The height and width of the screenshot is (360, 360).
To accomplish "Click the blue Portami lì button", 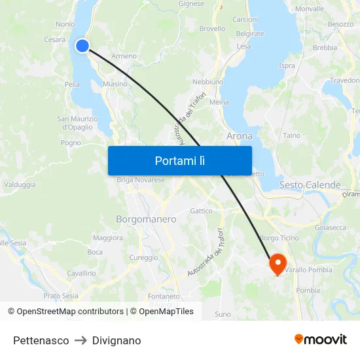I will pyautogui.click(x=179, y=160).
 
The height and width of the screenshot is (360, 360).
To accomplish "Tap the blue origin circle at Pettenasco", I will pyautogui.click(x=82, y=45).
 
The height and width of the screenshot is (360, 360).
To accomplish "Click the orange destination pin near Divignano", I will pyautogui.click(x=278, y=264).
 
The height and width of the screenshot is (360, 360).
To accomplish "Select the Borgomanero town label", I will pyautogui.click(x=146, y=219).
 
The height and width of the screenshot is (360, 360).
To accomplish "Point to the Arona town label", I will pyautogui.click(x=239, y=136).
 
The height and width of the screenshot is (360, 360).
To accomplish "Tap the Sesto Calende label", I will pyautogui.click(x=310, y=185).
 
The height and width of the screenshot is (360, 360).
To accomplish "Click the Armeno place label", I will pyautogui.click(x=124, y=56).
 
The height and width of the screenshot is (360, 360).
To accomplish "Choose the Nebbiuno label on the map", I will pyautogui.click(x=208, y=82).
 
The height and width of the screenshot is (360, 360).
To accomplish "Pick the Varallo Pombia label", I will pyautogui.click(x=308, y=270).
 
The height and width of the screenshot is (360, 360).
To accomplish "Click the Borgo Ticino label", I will pyautogui.click(x=279, y=238).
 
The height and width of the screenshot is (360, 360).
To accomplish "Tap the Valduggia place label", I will pyautogui.click(x=20, y=185).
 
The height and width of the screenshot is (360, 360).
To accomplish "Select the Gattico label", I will pyautogui.click(x=201, y=211).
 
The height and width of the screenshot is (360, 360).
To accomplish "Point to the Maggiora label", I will pyautogui.click(x=108, y=238).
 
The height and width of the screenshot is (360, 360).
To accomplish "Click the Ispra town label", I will pyautogui.click(x=287, y=65).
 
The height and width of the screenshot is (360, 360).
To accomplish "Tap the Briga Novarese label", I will pyautogui.click(x=141, y=180).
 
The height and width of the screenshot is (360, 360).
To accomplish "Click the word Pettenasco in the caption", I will pyautogui.click(x=41, y=340).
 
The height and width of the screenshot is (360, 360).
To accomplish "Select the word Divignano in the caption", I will pyautogui.click(x=117, y=340).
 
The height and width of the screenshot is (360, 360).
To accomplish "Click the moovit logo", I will pyautogui.click(x=321, y=340).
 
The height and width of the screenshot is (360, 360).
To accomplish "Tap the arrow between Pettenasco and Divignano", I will pyautogui.click(x=81, y=340).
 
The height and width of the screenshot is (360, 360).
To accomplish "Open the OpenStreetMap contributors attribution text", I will pyautogui.click(x=70, y=312).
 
